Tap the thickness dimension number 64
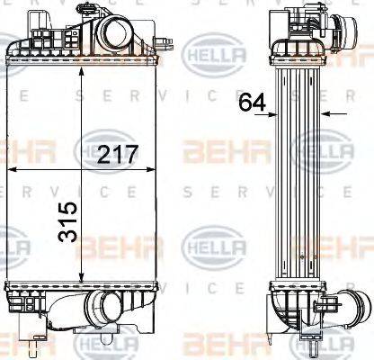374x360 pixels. tap(251, 102)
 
